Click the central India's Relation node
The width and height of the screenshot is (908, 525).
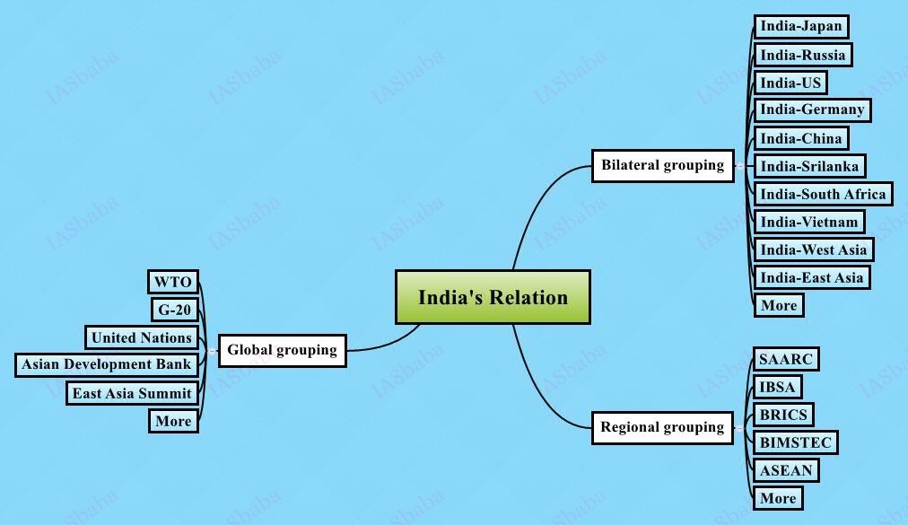(x=493, y=297)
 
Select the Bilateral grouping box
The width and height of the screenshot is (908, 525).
(x=662, y=166)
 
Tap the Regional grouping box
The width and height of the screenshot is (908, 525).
(x=662, y=428)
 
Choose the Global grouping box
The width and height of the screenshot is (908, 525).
(x=282, y=350)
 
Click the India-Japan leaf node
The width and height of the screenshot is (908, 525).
(x=801, y=26)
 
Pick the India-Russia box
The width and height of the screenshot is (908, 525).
(x=803, y=55)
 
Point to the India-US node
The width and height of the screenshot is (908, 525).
(x=790, y=83)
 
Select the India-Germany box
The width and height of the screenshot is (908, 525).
(x=812, y=109)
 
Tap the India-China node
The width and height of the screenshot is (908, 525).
(x=801, y=138)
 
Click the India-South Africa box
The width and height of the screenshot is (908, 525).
(x=823, y=194)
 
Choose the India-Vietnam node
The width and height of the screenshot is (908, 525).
(x=809, y=222)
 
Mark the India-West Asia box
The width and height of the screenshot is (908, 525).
(x=814, y=249)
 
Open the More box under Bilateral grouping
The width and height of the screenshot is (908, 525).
(x=779, y=305)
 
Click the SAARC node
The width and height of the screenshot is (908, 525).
(x=786, y=360)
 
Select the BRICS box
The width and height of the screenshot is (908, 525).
(x=784, y=415)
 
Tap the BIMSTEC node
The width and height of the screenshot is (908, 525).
(x=796, y=442)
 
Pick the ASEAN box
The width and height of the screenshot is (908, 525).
(x=786, y=470)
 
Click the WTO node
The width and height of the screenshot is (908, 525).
(x=173, y=282)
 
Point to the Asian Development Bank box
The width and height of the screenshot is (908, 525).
(x=107, y=364)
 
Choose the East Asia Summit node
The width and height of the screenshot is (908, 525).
(x=132, y=393)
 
